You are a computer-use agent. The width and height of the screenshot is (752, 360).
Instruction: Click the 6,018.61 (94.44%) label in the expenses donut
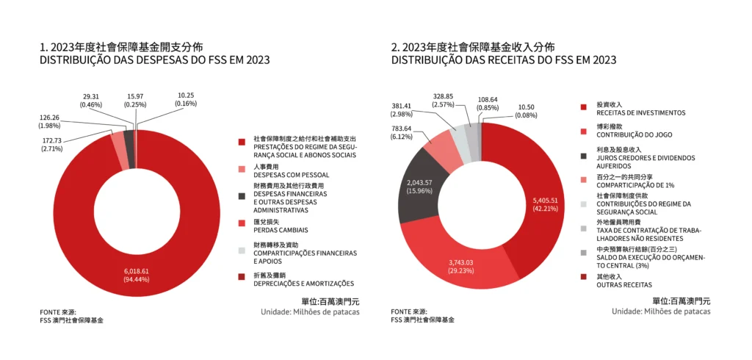click(137, 275)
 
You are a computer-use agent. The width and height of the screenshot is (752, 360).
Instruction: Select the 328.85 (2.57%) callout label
click(449, 100)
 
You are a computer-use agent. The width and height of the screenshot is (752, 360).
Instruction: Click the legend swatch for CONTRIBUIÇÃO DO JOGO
click(583, 132)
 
